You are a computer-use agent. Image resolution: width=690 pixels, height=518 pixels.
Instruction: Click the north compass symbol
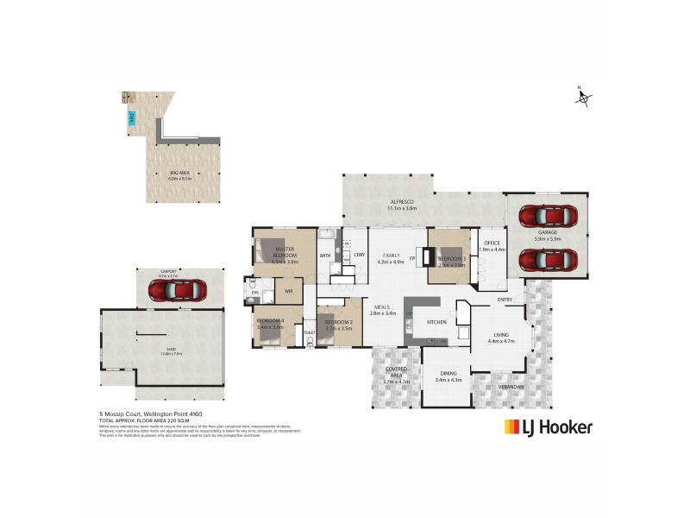583,97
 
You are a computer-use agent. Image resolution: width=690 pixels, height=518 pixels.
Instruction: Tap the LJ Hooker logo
548,426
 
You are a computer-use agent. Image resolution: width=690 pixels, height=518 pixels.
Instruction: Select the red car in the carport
176,289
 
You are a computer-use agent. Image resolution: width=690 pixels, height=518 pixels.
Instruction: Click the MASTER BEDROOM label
285,252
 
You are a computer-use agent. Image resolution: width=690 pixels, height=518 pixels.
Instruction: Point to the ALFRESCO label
402,204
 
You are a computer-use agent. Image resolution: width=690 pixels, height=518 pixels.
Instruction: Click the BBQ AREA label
179,174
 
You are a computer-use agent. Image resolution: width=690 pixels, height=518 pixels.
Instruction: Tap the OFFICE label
492,243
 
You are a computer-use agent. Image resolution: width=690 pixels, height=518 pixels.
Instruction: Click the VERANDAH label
511,386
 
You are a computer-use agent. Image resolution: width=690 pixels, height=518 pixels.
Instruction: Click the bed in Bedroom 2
332,327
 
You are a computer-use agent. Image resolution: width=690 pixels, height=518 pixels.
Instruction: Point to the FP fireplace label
412,257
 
